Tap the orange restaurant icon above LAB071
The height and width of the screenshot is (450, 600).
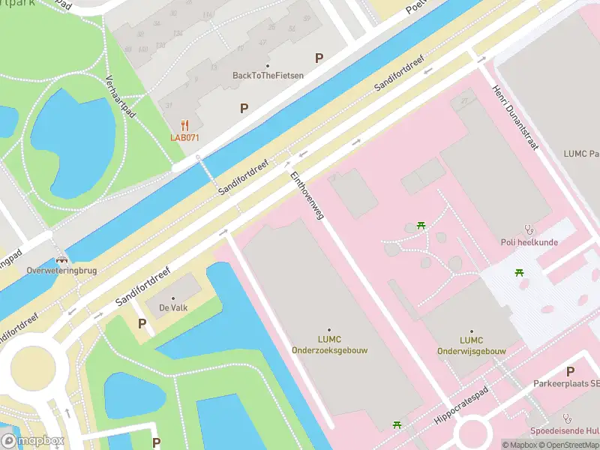coord(184,126)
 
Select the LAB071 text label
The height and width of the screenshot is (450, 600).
coord(184,137)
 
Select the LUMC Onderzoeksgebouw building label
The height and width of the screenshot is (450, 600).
coord(329,345)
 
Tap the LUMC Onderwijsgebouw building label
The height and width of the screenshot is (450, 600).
coord(471,345)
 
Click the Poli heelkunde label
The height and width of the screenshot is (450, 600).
coord(529,242)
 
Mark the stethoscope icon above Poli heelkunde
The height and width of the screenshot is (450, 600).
coord(529,229)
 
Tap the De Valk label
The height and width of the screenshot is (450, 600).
coord(172,308)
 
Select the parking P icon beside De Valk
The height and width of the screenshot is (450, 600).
coord(142,323)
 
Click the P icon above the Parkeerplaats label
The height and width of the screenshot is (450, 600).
coord(571,371)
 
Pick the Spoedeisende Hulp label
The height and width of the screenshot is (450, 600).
coord(565,430)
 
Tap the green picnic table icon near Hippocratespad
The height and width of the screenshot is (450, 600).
coord(397,426)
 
